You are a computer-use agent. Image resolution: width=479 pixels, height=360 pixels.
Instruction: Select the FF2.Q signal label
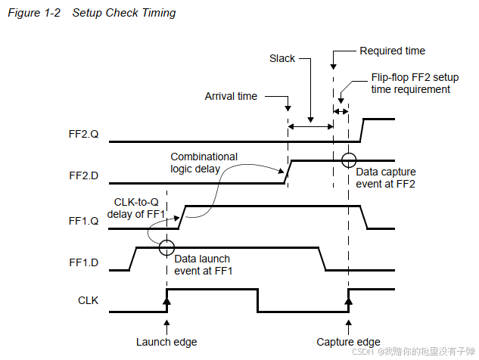(84, 135)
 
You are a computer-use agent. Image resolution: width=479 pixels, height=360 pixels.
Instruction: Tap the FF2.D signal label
(84, 175)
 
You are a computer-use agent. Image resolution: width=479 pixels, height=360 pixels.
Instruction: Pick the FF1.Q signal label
(84, 222)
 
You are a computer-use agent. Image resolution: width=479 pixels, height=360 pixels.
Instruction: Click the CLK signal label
(89, 301)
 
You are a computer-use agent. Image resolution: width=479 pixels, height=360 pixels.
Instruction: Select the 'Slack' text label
(283, 58)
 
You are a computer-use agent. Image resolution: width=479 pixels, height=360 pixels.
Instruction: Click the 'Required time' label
(392, 51)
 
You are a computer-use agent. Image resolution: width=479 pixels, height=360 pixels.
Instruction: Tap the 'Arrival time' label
(231, 96)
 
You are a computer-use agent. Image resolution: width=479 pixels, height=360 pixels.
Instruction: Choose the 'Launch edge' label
(166, 342)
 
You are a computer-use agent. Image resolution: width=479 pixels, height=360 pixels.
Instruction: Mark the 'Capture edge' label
(348, 342)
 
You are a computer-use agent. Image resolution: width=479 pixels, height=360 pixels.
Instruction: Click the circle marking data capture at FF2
(348, 160)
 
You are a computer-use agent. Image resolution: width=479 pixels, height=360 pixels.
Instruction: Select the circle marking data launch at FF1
(166, 247)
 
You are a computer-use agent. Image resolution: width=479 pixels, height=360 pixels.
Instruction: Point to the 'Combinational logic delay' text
(203, 163)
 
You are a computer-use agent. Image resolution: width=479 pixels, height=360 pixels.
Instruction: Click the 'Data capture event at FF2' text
(386, 178)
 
